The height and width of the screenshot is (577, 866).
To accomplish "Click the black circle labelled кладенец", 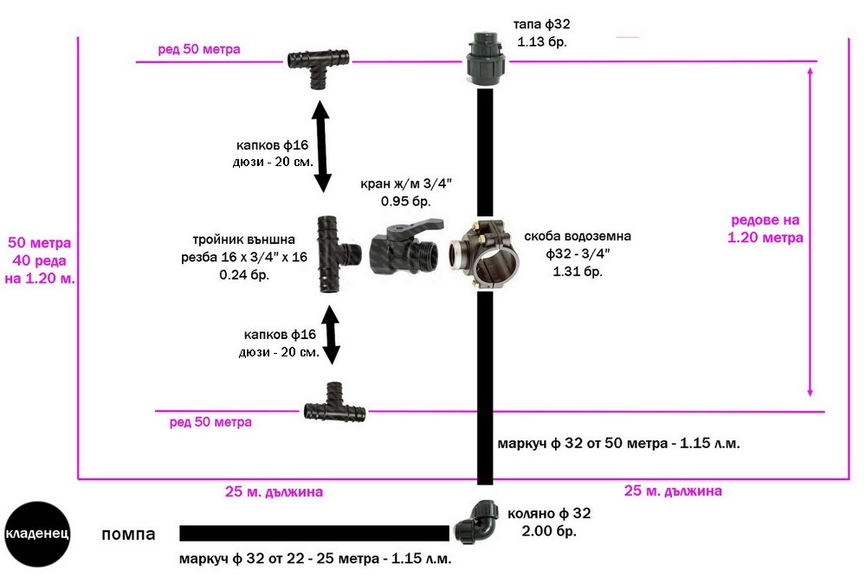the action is coord(37,534).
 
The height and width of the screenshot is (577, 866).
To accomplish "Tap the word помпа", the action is coord(128,535).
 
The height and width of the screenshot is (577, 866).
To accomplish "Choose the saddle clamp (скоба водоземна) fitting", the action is coord(484,253).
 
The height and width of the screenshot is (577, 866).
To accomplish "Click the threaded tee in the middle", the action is coord(338,253).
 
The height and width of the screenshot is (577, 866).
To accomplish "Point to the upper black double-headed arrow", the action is coord(321,146).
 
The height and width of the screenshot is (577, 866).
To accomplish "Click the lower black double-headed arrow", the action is coord(330,335).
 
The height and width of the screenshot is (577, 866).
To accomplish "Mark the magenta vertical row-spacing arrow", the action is coord(810,232).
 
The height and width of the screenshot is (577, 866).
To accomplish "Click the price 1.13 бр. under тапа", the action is coord(542,42).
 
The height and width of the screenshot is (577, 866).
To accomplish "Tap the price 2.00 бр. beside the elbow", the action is coord(549,531).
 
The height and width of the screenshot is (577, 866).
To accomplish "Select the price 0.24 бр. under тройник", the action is coord(244,275).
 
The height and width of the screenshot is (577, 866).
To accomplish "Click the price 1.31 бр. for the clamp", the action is coord(578,272).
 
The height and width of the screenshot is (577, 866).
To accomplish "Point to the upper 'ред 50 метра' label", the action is coord(199,49).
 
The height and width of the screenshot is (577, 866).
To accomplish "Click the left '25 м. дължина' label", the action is coord(274,491).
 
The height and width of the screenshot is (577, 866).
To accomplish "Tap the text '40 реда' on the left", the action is coord(39,260).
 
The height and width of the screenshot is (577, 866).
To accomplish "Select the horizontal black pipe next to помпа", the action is coord(314,534).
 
